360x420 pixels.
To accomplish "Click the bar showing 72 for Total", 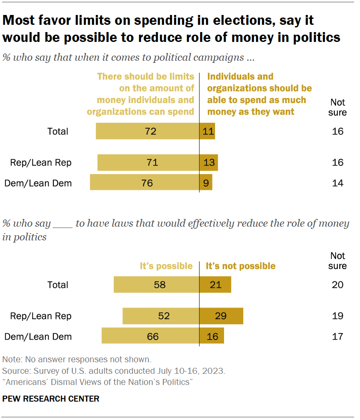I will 148,131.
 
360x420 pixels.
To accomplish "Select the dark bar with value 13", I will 209,163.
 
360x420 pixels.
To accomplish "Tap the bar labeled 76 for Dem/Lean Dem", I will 145,183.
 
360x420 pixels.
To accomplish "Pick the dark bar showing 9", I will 206,183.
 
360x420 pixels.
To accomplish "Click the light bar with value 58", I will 156,284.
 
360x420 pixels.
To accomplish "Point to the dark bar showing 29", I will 221,316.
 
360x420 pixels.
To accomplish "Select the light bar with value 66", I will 150,336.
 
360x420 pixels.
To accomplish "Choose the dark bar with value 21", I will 215,284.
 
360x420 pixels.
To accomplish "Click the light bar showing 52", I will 161,316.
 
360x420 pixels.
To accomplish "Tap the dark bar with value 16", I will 212,336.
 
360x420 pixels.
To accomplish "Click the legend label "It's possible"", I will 166,266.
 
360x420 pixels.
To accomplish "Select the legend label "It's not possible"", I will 241,266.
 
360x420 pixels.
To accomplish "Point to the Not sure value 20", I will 337,284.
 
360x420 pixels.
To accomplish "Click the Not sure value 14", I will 337,183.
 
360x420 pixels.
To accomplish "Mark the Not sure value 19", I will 337,316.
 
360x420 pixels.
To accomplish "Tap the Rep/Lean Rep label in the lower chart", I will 41,316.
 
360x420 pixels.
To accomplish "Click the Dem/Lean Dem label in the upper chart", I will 38,183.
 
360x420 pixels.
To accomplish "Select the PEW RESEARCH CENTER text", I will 51,399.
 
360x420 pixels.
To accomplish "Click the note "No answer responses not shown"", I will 77,359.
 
